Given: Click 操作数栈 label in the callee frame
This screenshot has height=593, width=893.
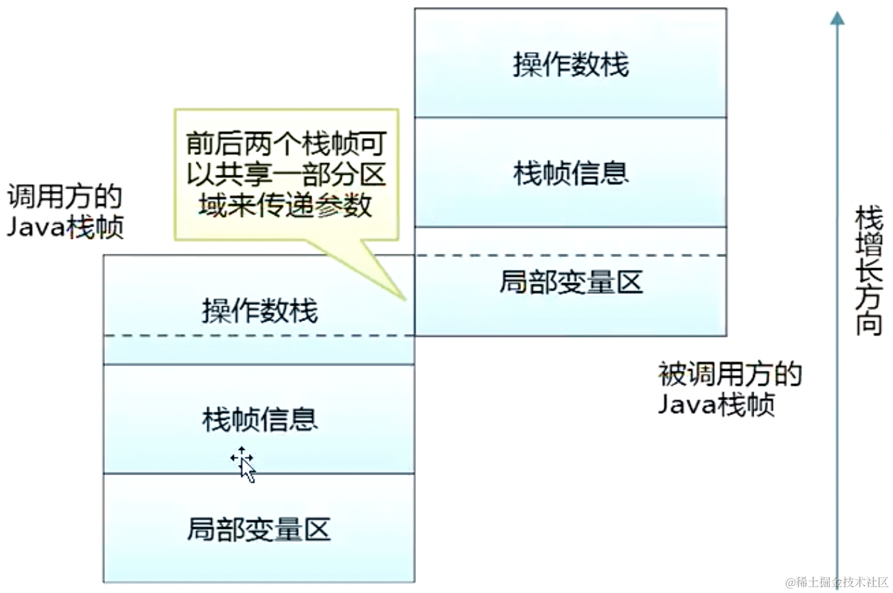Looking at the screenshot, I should [570, 64].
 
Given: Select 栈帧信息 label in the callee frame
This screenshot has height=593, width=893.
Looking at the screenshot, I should [570, 173].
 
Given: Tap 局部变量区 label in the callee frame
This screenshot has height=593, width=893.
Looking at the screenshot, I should [570, 282].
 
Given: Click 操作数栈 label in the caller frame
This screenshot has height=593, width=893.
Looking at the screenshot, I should [259, 311].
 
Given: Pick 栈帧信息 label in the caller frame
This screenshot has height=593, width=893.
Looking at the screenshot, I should [259, 419].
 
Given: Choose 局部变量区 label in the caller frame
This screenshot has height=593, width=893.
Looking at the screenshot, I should [259, 529].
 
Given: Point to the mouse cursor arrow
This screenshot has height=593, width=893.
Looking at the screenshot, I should [245, 465].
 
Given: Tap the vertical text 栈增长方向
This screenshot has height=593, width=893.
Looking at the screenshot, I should [868, 270].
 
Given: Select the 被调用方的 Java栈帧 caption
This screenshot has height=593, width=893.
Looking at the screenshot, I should [730, 389].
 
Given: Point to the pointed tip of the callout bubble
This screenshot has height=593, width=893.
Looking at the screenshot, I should [404, 299].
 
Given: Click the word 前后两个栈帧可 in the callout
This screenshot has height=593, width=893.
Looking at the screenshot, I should [286, 143].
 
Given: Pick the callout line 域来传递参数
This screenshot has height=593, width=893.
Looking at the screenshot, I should [286, 205].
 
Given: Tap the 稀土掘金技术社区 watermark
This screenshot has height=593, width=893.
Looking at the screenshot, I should [837, 581].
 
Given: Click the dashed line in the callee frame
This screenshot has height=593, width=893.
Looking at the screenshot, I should [570, 256].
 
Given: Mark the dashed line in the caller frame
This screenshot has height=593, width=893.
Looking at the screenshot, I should [259, 335].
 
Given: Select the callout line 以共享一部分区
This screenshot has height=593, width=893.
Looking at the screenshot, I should [286, 174].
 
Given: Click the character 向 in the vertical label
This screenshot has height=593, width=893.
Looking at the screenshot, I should [868, 323].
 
